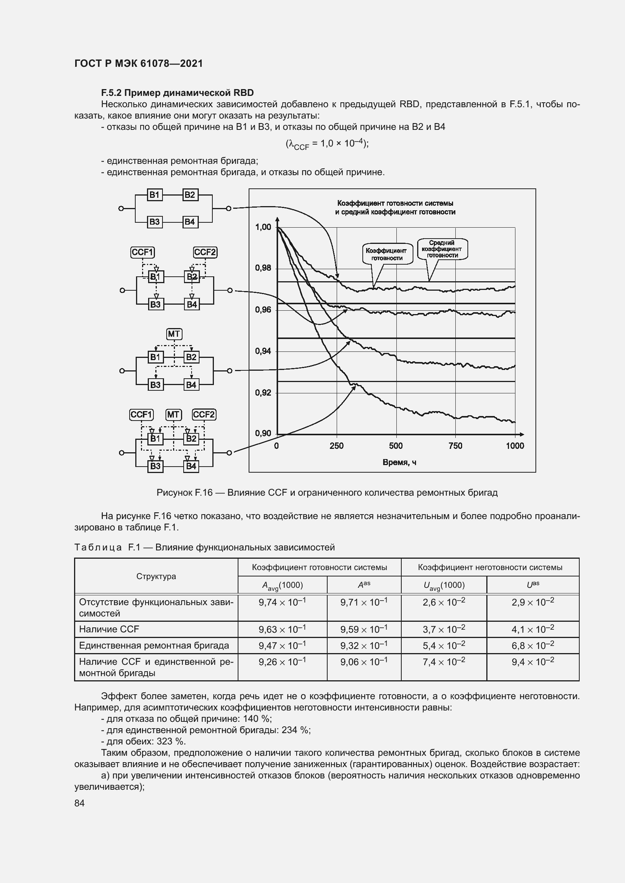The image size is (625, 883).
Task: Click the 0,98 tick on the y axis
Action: [263, 268]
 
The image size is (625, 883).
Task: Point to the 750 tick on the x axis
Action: [455, 446]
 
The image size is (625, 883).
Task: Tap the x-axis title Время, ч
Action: [399, 462]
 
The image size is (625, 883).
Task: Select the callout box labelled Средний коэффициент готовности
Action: [442, 249]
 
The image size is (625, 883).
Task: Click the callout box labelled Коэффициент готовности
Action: [388, 254]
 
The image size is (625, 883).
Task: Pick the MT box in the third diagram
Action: [174, 334]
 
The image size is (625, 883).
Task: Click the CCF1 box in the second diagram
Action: [143, 252]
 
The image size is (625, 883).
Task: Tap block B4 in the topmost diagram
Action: [190, 222]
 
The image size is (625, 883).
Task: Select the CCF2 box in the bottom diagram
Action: [204, 415]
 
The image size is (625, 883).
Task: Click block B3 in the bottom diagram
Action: [155, 466]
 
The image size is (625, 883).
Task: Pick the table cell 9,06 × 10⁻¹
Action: [364, 662]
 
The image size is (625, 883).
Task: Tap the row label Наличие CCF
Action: [109, 630]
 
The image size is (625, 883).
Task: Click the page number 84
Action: [79, 803]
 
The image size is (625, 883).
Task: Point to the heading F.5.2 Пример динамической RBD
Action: [178, 93]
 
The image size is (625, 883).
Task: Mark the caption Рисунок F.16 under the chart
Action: [327, 493]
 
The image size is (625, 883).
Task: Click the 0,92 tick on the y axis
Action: [263, 393]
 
